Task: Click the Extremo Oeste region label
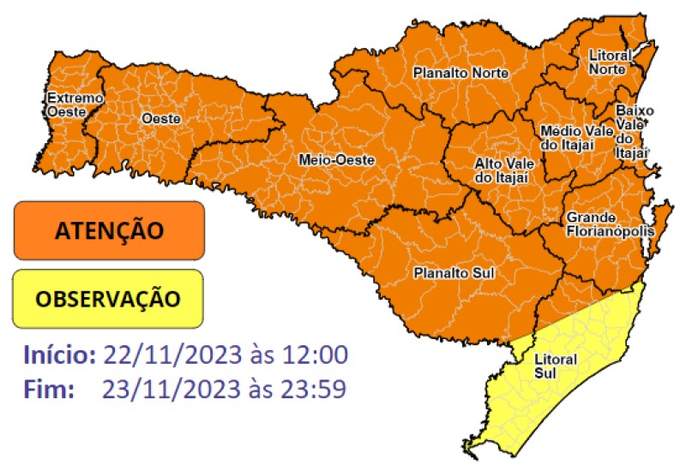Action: click(75, 104)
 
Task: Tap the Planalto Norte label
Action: click(460, 74)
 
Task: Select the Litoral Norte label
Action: click(610, 62)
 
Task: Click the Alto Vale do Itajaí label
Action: click(500, 170)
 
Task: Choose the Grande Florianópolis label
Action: click(610, 224)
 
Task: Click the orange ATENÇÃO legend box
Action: click(109, 230)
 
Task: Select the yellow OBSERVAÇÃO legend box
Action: click(108, 298)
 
